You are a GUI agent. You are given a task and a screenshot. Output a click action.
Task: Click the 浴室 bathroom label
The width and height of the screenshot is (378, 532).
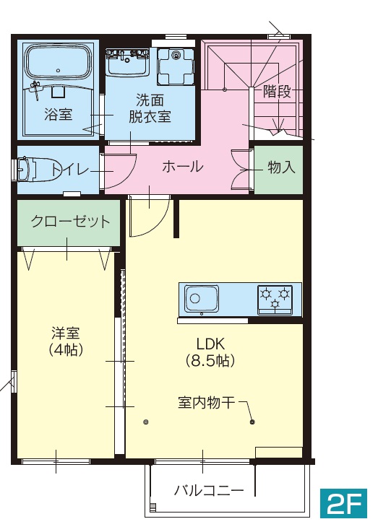tap(57, 114)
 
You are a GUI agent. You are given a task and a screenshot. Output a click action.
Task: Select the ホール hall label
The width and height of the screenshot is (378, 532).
tap(182, 167)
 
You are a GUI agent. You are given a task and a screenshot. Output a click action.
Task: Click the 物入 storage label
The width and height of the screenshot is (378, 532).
tap(281, 167)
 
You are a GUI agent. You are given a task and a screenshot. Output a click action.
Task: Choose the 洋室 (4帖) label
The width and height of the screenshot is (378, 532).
tap(65, 341)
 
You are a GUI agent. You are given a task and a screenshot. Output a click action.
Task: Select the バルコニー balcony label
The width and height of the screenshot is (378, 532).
tap(209, 491)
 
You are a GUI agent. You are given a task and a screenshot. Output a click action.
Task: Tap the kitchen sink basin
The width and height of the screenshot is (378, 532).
tap(202, 299)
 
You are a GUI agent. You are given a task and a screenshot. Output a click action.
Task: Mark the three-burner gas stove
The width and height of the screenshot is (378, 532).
tap(275, 299)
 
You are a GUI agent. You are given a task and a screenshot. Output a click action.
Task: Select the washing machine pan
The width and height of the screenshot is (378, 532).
tap(176, 66)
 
